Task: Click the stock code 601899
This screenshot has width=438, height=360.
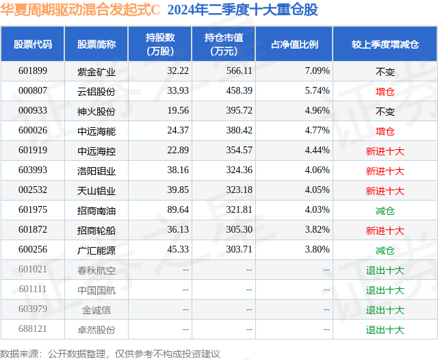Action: pos(33,71)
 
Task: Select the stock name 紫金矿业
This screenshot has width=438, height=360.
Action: pos(96,71)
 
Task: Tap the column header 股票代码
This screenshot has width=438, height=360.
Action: pos(33,44)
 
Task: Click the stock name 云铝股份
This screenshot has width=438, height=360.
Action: pos(96,91)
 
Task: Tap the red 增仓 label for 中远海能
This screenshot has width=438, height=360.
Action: pos(385,131)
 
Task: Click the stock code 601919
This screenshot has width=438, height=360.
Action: pos(33,151)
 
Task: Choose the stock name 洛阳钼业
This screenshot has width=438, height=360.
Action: pos(96,170)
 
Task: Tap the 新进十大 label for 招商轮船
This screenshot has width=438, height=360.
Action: pos(385,231)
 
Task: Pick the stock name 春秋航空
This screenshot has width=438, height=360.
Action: pos(96,270)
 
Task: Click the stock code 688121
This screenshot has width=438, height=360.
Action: pos(33,330)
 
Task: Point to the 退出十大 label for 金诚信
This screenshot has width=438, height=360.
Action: pos(385,310)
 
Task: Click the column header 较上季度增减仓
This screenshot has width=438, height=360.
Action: pos(385,44)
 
